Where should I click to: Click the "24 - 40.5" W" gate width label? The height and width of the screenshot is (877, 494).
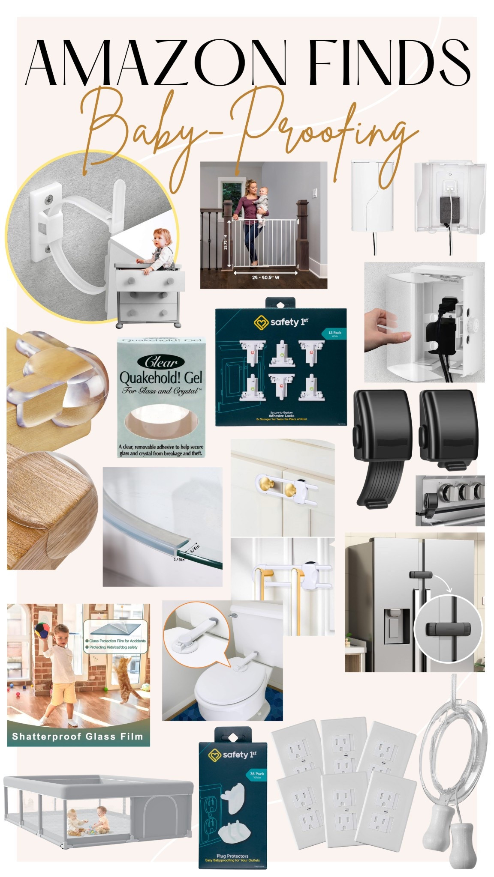265,277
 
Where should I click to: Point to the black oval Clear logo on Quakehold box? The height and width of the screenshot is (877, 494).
161,362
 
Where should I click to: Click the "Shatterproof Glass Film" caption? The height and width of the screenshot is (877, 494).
78,737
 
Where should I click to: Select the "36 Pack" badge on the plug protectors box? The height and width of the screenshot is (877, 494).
257,774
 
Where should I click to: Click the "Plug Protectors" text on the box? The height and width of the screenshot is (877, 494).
232,856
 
